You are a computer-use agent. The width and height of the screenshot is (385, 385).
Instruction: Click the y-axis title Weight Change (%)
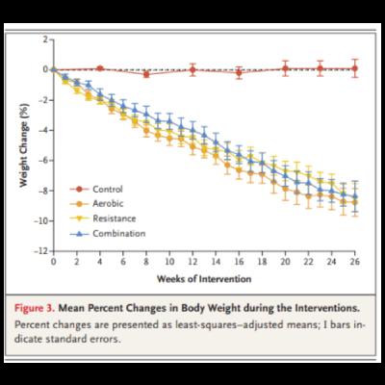point(22,144)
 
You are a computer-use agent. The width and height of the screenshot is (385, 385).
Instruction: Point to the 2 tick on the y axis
point(42,39)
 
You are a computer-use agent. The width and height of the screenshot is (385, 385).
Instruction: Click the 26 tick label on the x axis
point(354,263)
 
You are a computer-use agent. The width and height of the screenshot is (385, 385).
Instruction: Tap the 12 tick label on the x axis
point(192,263)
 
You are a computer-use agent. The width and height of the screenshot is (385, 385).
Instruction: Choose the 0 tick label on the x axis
point(53,263)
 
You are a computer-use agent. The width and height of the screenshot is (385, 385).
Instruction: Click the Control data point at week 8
point(146,73)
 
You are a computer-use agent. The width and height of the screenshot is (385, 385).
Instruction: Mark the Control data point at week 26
point(354,68)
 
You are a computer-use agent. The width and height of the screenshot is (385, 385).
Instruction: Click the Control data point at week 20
point(285,68)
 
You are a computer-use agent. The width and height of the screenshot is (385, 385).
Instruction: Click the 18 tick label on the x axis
point(262,263)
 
